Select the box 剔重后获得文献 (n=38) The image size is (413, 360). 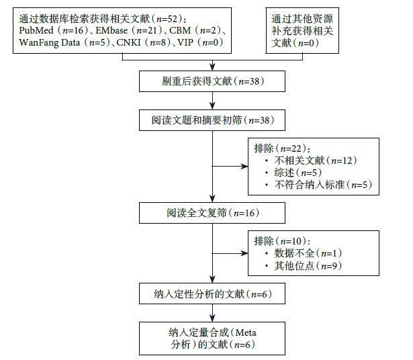213,82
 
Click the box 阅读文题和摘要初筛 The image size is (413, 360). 213,121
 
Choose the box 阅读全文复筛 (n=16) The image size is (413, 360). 213,214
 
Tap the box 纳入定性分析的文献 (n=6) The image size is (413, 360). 213,294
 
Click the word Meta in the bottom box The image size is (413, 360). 245,332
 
